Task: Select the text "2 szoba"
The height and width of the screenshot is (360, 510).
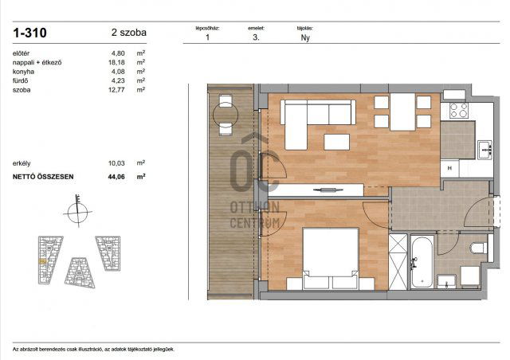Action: point(128,33)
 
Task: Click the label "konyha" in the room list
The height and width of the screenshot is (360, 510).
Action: point(23,71)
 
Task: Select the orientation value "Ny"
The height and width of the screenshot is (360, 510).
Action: point(304,37)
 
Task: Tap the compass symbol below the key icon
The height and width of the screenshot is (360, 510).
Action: point(73,213)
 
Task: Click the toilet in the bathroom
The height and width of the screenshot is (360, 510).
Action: point(478,248)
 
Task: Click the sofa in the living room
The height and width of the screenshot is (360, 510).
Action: point(304,119)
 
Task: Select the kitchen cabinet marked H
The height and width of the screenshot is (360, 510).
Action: point(450,168)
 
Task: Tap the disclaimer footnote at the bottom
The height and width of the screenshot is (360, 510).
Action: point(93,349)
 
